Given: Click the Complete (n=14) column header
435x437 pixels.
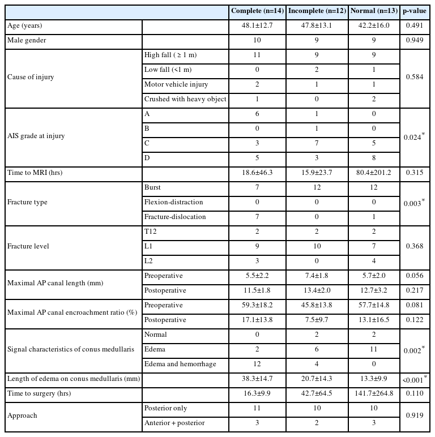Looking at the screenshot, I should (258, 11).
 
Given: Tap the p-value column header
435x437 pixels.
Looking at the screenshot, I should (414, 11).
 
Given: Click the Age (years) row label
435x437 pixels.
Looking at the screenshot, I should (25, 26).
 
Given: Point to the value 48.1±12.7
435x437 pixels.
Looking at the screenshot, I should (258, 26).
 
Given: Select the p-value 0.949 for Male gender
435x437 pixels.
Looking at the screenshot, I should (414, 41).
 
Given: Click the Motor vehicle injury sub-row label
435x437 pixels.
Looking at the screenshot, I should (176, 84).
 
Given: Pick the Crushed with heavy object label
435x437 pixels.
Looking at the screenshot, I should (185, 99).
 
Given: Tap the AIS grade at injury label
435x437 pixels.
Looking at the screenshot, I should (35, 136).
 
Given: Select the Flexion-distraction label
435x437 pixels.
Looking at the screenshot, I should (173, 202).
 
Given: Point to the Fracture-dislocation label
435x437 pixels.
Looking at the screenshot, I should (175, 217).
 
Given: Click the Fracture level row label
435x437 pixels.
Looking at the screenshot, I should (27, 246).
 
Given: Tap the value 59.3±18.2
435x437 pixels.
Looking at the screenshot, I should (258, 305).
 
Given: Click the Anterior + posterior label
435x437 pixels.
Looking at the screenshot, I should (175, 422).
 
